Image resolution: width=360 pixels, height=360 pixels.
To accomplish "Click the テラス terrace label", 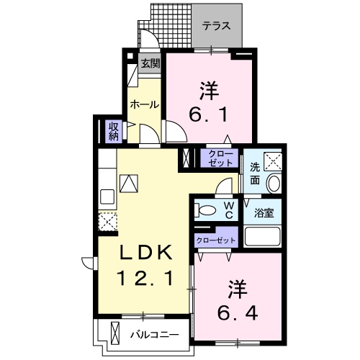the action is (216, 26).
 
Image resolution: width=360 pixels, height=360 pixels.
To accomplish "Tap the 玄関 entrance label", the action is (150, 63).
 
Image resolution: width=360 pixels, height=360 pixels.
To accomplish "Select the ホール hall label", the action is (145, 104).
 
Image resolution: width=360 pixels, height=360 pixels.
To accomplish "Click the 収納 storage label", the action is (114, 131).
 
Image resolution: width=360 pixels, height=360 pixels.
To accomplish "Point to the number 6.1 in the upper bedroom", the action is (208, 115).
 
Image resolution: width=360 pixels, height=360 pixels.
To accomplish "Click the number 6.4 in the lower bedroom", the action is (238, 312).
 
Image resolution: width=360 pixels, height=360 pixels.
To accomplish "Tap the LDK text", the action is (146, 252).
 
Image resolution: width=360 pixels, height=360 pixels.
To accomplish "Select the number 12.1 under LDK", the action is (145, 278).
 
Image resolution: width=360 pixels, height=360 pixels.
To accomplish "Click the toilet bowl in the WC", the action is (205, 210).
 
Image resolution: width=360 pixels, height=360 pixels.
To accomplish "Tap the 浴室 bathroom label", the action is (264, 213).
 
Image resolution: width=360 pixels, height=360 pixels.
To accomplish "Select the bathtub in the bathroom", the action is (262, 236).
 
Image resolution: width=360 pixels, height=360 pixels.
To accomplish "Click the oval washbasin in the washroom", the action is (274, 184).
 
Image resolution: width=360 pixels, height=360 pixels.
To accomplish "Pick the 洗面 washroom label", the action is (255, 174).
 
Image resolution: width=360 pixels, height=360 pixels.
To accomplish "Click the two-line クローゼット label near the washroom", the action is (220, 158).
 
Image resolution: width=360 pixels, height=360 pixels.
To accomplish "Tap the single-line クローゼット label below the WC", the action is (216, 240).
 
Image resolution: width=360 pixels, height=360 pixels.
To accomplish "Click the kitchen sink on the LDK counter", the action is (107, 197).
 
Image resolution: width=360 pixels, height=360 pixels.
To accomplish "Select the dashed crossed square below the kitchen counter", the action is (107, 222).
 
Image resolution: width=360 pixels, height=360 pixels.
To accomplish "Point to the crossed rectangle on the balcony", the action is (115, 334).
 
